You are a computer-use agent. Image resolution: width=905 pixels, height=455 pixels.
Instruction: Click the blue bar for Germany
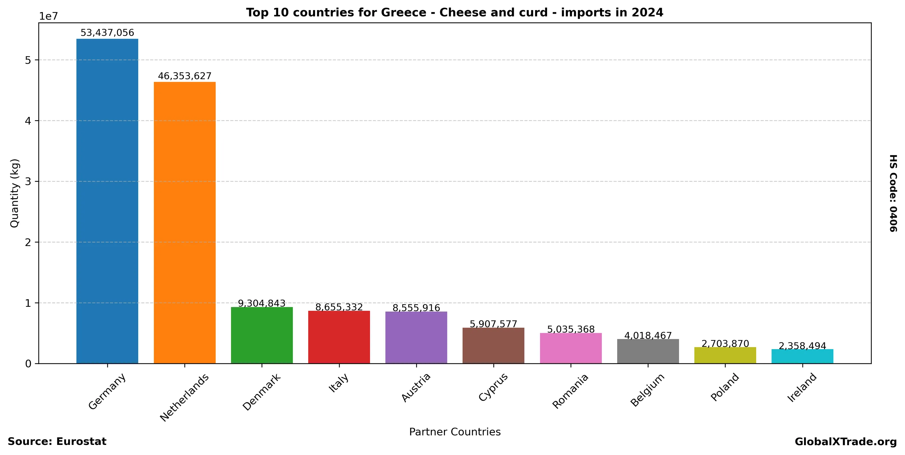pyautogui.click(x=107, y=201)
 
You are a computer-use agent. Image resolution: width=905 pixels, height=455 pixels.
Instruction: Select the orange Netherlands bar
pyautogui.click(x=184, y=222)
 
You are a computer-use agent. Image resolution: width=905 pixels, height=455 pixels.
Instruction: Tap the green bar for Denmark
pyautogui.click(x=262, y=335)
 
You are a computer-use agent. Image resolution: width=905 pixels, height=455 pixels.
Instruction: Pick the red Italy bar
pyautogui.click(x=339, y=337)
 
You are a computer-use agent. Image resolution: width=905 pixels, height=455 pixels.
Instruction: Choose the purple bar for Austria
pyautogui.click(x=416, y=337)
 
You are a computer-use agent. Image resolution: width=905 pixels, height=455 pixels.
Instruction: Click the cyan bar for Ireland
pyautogui.click(x=802, y=356)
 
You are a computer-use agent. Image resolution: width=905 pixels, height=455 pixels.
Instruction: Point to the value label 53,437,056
pyautogui.click(x=107, y=33)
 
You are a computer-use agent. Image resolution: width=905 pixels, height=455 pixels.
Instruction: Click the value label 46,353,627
pyautogui.click(x=184, y=76)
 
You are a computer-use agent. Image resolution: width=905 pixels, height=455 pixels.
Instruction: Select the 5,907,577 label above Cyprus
pyautogui.click(x=493, y=324)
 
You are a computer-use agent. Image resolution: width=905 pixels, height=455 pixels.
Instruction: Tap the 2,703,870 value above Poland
pyautogui.click(x=725, y=343)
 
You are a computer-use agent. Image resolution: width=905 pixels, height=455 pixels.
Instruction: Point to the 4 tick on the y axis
pyautogui.click(x=28, y=121)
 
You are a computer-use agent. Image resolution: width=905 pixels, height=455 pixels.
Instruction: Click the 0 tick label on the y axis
pyautogui.click(x=28, y=364)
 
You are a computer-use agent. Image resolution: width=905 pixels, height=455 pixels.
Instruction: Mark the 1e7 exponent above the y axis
pyautogui.click(x=48, y=16)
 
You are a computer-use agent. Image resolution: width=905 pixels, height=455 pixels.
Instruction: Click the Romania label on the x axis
pyautogui.click(x=570, y=391)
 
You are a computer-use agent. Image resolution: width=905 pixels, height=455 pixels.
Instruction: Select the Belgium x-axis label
pyautogui.click(x=647, y=390)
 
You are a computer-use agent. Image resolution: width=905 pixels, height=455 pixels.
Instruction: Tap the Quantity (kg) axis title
pyautogui.click(x=14, y=193)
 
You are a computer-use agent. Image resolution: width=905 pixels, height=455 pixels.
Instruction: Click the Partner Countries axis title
pyautogui.click(x=455, y=432)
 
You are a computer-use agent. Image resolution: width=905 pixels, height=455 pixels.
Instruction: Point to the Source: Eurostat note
pyautogui.click(x=57, y=441)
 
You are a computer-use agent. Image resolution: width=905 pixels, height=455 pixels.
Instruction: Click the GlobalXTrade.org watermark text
pyautogui.click(x=846, y=442)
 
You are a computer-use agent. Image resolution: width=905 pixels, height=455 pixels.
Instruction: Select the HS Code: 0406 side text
pyautogui.click(x=893, y=193)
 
